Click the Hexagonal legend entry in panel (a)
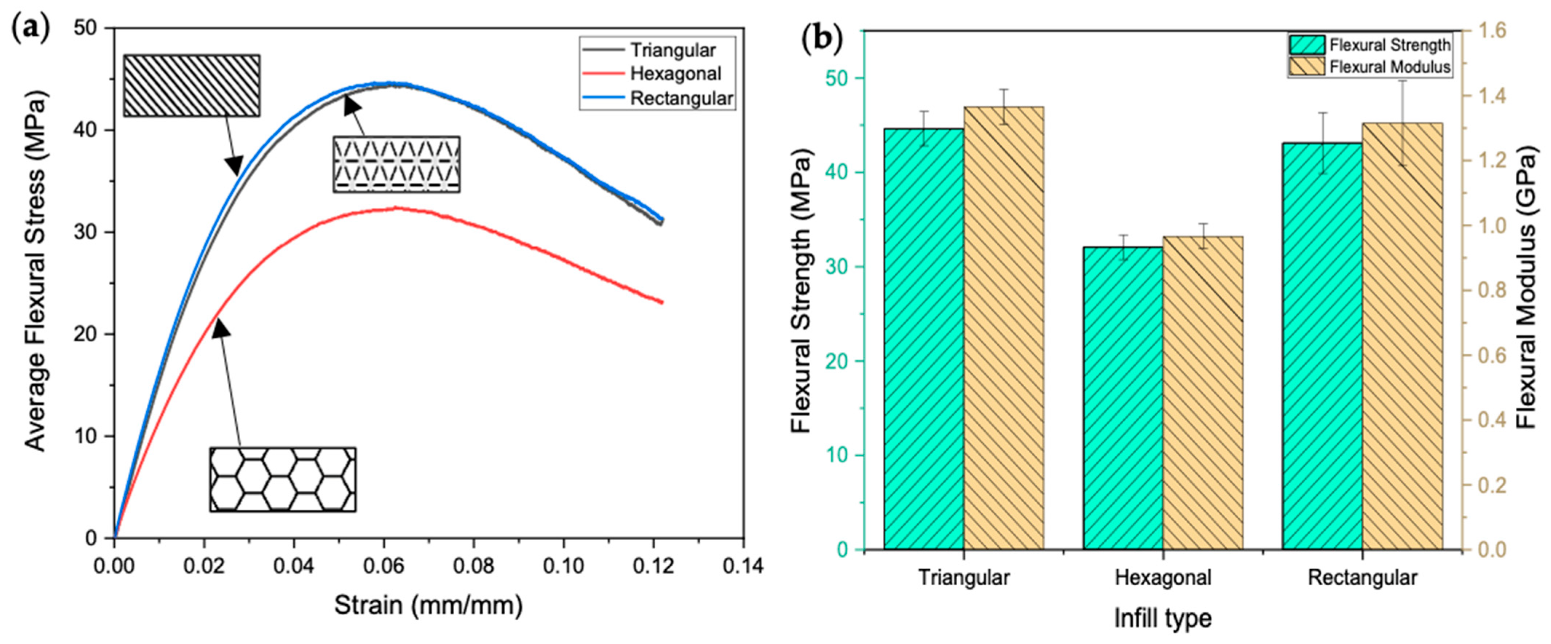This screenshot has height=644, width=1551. click(x=674, y=74)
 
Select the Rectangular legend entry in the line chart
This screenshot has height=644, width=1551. click(x=680, y=98)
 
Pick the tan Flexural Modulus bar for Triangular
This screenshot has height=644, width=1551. click(x=1004, y=328)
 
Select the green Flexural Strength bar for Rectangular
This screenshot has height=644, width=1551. click(x=1322, y=346)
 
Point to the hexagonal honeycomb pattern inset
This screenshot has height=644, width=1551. click(x=282, y=479)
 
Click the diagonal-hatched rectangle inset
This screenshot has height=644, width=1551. click(x=191, y=86)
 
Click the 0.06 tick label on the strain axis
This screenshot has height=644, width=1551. click(x=384, y=566)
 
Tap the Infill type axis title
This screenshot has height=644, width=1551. click(x=1162, y=618)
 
